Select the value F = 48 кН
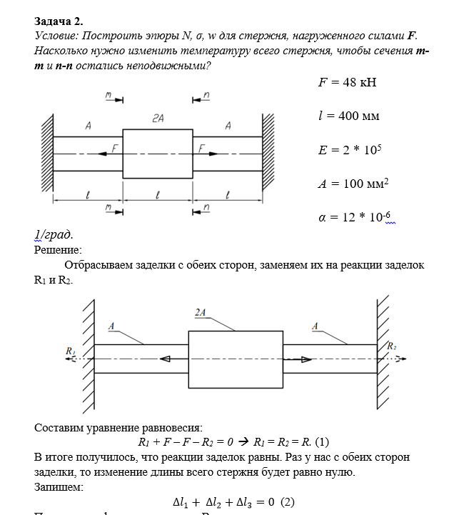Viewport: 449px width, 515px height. (347, 82)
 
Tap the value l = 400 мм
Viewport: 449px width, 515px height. (348, 116)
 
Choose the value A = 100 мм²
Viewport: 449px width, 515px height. (353, 184)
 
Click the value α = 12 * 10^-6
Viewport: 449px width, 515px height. (354, 217)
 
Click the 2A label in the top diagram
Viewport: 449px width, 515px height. (158, 121)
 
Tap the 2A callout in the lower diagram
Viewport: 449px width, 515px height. (201, 312)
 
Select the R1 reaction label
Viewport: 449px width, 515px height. (70, 351)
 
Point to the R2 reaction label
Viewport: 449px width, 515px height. (391, 346)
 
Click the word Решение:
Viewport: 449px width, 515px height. (58, 250)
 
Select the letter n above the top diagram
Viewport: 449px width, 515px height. (206, 96)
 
